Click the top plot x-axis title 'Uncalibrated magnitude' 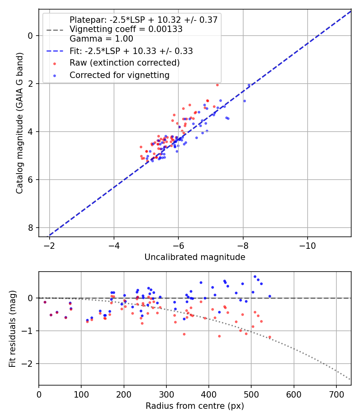click(195, 257)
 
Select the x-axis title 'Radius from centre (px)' click(195, 406)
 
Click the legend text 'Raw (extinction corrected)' click(124, 63)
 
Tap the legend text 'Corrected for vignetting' click(120, 75)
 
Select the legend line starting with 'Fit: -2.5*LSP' click(131, 51)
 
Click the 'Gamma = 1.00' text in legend click(101, 39)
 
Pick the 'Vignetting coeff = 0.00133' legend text click(126, 29)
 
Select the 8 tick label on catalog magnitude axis click(30, 228)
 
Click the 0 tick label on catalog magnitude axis click(30, 36)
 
